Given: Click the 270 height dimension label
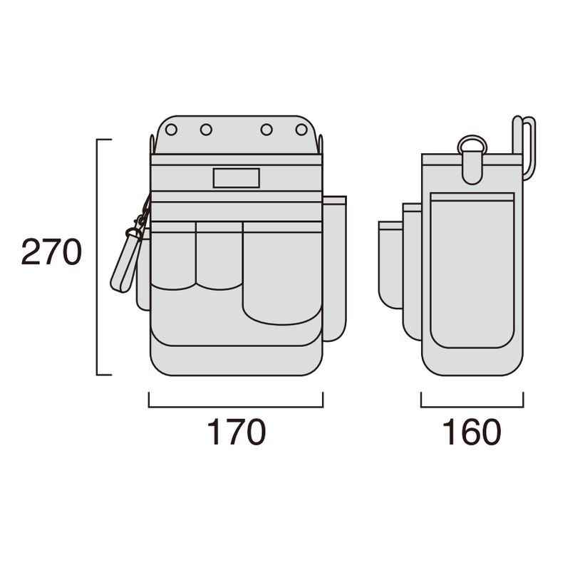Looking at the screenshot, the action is tap(51, 252).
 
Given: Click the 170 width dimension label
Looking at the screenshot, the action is tap(237, 432).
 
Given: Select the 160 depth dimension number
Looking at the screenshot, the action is tap(472, 432).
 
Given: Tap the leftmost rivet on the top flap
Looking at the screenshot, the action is tap(171, 130).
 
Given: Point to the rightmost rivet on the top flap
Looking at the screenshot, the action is tap(301, 130).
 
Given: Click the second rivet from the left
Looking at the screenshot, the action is tap(206, 130).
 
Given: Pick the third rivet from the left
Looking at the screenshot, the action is tap(266, 130).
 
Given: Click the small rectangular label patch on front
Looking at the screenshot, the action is tap(237, 178).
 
